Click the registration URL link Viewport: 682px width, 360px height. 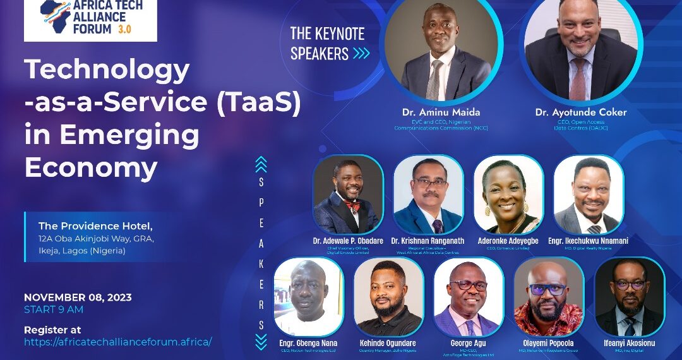[x=117, y=342]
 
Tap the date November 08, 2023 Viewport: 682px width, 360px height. [x=78, y=297]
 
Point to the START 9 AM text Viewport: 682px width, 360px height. [x=54, y=309]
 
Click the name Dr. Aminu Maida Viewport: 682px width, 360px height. [x=441, y=112]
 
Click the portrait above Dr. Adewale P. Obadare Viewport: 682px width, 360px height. [x=348, y=195]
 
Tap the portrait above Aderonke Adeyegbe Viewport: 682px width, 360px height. [x=508, y=195]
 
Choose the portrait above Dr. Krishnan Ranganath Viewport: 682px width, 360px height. [x=428, y=195]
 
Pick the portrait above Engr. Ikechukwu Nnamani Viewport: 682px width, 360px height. [x=589, y=195]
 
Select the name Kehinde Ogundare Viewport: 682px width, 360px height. [x=388, y=343]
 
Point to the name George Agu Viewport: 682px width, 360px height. [x=469, y=343]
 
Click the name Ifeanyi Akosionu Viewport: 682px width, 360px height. [x=629, y=343]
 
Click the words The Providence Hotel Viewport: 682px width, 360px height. [x=95, y=225]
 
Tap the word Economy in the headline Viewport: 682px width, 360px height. [x=90, y=168]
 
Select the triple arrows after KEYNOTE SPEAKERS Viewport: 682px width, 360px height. [x=361, y=54]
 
